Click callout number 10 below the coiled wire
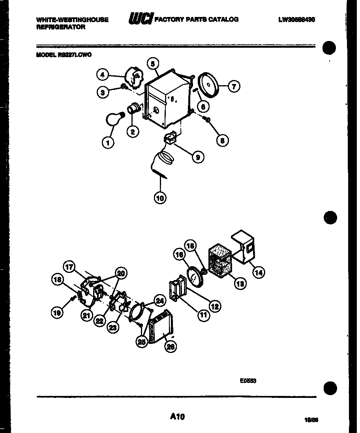point(160,198)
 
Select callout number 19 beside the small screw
point(57,313)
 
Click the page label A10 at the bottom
point(178,416)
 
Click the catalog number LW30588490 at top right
point(296,19)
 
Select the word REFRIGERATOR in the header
point(60,27)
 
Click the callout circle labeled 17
point(69,267)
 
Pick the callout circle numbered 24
point(159,301)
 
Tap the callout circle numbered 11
point(204,315)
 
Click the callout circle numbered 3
point(103,92)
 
